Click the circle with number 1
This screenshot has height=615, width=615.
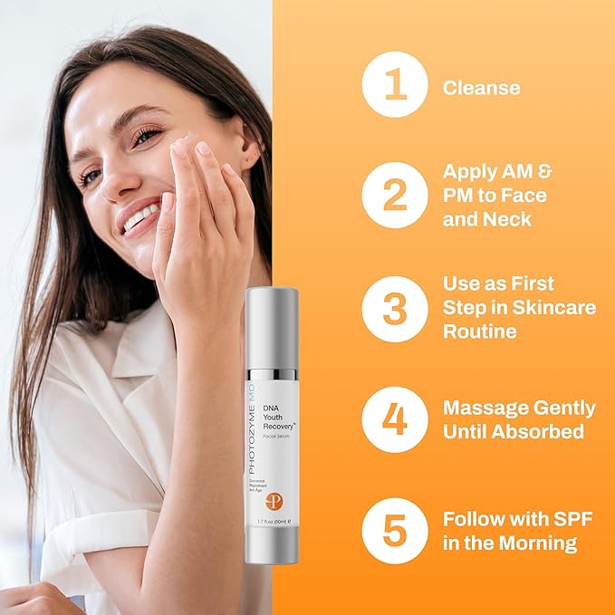[395, 87]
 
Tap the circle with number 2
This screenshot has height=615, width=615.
[395, 195]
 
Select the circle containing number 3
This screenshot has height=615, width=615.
[395, 308]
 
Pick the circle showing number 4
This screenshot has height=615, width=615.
[395, 419]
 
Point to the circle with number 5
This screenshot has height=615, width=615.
[395, 531]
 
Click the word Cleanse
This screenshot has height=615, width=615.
[481, 88]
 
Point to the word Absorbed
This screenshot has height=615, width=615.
[538, 432]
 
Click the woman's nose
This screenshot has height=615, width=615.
[117, 182]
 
